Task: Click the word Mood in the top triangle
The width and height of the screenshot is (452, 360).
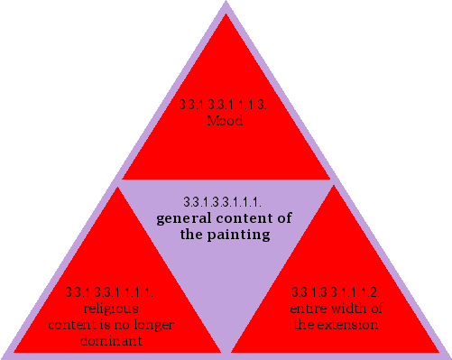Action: point(225,120)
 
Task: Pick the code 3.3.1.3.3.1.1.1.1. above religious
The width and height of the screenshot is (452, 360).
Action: point(109,291)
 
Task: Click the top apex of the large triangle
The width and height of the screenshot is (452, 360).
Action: point(226,3)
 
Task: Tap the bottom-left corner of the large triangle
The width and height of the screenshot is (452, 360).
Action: point(3,356)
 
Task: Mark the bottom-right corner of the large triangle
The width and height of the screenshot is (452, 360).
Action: point(448,356)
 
